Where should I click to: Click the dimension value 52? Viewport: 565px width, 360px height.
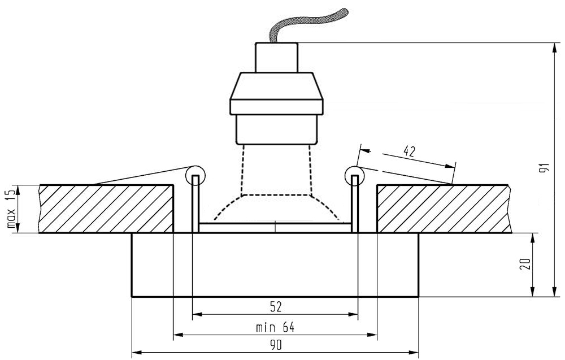[x=275, y=307]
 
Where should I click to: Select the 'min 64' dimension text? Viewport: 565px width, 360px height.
[x=275, y=327]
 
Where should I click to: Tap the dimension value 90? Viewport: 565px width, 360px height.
[x=275, y=345]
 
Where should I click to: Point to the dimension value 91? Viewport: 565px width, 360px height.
[x=544, y=170]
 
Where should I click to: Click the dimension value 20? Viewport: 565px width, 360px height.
[x=525, y=264]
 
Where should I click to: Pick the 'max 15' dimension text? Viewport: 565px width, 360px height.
[x=10, y=209]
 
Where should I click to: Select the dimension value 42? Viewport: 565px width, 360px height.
[x=411, y=151]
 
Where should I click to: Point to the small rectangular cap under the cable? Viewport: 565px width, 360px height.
[x=276, y=57]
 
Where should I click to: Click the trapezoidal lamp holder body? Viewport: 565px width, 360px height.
[x=277, y=93]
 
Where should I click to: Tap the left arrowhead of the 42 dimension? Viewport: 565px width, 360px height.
[x=364, y=151]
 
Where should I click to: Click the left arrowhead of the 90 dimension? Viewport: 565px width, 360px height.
[x=136, y=352]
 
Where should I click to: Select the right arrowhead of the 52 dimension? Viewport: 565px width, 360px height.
[x=354, y=314]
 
